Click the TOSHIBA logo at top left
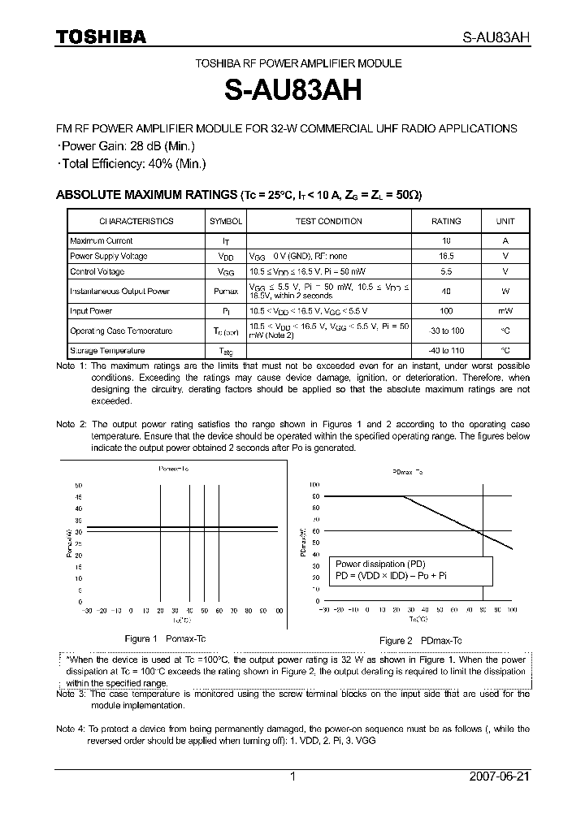101,37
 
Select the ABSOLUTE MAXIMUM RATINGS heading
145,195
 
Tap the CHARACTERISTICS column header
136,221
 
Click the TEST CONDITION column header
328,221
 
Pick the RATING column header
446,221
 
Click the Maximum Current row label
102,241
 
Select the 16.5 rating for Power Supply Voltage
446,256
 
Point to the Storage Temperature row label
107,351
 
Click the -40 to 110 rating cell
446,351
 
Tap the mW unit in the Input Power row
505,311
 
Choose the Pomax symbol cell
226,292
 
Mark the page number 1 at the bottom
292,777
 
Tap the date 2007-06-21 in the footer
499,777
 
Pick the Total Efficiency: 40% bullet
132,163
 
